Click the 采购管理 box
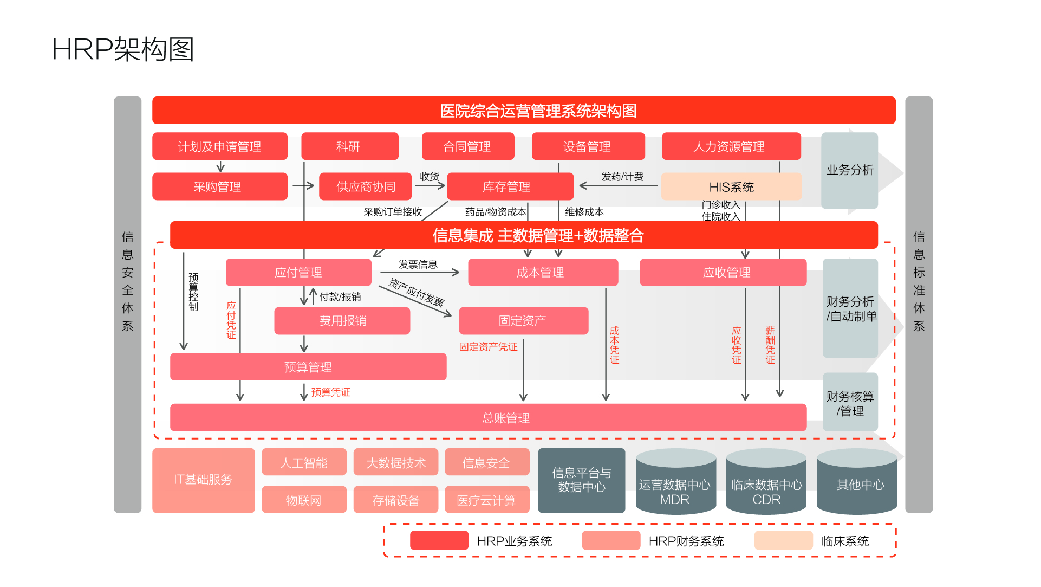[219, 186]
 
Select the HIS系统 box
[731, 187]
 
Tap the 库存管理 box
[509, 186]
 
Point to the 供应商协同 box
[366, 186]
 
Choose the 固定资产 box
[523, 321]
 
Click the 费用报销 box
[342, 321]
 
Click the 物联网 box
[304, 500]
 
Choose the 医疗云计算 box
[486, 500]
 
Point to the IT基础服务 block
[203, 480]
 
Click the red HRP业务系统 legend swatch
[439, 540]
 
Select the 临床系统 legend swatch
[783, 540]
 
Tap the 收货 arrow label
[430, 177]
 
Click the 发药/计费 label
[622, 177]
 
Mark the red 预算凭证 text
[330, 392]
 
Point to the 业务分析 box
[849, 170]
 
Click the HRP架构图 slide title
[123, 50]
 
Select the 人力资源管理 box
[731, 146]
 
